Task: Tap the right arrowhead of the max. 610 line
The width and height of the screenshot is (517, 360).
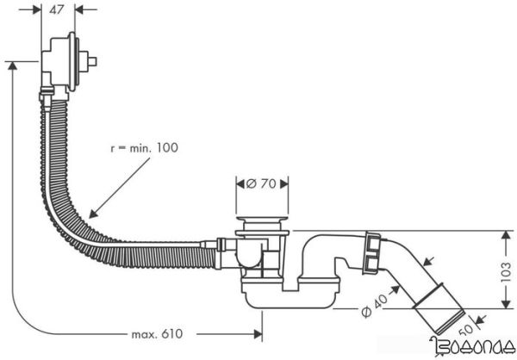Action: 260,332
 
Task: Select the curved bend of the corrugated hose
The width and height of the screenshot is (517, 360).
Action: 69,207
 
